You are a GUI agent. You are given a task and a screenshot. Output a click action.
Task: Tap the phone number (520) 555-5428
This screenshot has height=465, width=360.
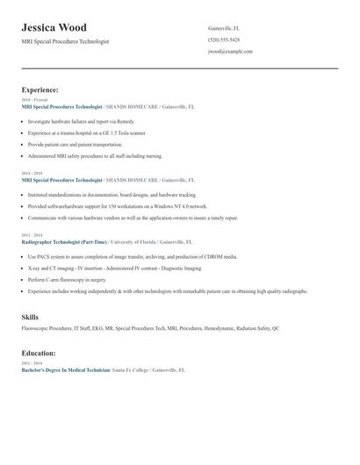click(x=223, y=39)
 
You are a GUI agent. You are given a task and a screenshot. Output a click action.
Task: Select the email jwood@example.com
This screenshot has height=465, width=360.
click(x=230, y=51)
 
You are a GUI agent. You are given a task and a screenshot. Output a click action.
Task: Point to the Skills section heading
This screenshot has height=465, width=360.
click(x=31, y=316)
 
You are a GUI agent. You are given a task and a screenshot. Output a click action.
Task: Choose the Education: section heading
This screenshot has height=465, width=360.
click(x=39, y=353)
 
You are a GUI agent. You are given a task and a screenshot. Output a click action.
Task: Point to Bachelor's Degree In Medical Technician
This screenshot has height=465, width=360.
click(x=66, y=370)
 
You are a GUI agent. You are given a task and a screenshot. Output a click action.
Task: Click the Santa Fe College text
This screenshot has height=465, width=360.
click(x=130, y=370)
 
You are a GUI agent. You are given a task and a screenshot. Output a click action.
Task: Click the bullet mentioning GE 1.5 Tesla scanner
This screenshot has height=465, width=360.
click(x=87, y=132)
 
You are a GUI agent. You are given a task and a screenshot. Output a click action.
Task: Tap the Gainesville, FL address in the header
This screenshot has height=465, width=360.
click(x=225, y=28)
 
